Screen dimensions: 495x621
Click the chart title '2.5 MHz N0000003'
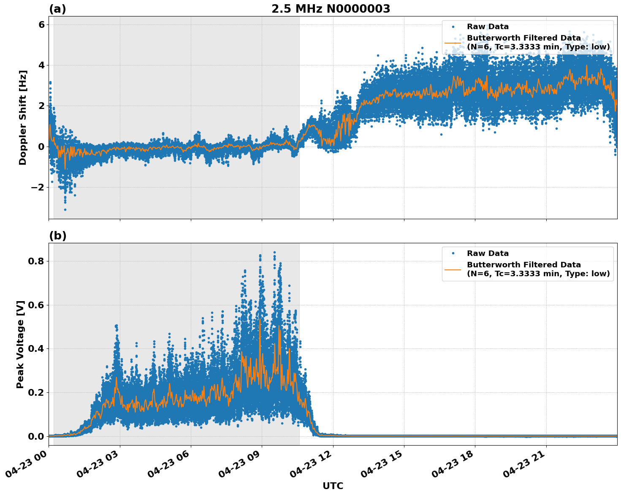point(331,9)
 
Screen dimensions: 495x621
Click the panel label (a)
point(57,9)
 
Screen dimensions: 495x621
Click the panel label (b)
point(57,236)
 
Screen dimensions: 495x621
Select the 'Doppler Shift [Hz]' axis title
point(23,117)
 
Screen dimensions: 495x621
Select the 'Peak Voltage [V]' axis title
point(20,344)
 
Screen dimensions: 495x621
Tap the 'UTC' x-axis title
point(333,486)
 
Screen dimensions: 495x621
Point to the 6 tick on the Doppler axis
point(41,24)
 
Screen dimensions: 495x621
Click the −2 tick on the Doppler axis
point(38,187)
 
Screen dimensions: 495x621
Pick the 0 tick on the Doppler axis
point(41,147)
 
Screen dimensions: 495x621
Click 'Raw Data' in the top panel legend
point(488,27)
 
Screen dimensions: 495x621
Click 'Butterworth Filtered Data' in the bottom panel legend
point(523,265)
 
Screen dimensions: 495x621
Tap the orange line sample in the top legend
point(453,43)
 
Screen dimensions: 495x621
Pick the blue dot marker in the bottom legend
point(453,253)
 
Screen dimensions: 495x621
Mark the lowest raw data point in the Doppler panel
point(65,209)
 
